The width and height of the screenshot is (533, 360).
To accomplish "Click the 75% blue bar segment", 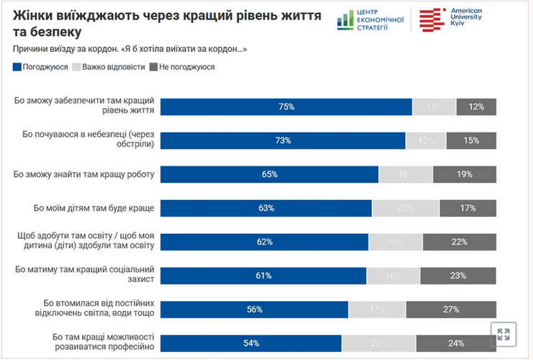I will [x=286, y=107].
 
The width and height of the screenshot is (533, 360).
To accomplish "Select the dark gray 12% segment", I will [x=476, y=107].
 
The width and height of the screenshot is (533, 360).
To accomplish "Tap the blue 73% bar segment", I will [x=282, y=140].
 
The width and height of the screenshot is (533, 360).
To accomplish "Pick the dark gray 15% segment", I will [x=471, y=140].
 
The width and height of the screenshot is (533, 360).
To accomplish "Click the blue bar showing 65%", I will [x=269, y=174].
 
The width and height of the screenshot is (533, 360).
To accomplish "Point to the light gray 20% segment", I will [x=406, y=208].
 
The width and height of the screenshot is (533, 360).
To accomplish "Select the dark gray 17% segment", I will [x=467, y=208].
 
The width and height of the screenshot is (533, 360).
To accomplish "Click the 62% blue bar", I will [x=264, y=242].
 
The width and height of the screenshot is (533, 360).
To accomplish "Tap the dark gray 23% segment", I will [x=458, y=275].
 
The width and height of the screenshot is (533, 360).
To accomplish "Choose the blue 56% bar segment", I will [x=254, y=309].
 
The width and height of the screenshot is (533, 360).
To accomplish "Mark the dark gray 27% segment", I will [x=452, y=309].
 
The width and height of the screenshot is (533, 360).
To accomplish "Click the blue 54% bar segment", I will [x=251, y=343].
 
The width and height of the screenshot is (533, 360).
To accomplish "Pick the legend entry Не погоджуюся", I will [x=181, y=67].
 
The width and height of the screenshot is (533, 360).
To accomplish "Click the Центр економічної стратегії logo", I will [x=370, y=19].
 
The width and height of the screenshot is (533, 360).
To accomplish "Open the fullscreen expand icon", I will [x=503, y=334].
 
